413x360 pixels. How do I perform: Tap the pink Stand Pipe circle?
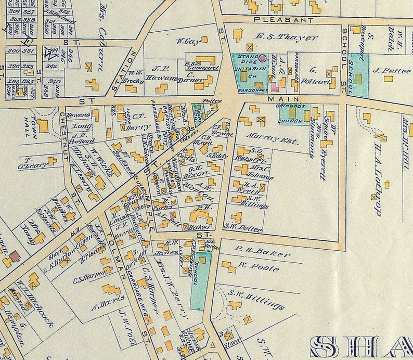[x=263, y=58]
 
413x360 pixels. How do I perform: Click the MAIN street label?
[x=283, y=98]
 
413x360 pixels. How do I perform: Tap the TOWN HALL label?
[x=28, y=123]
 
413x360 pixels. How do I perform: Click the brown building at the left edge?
[x=14, y=256]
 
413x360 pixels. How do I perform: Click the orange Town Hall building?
[x=43, y=125]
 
